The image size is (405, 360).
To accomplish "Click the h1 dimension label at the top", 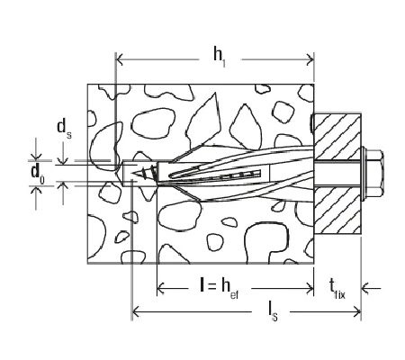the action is pyautogui.click(x=220, y=58).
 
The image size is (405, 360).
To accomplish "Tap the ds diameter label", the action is pyautogui.click(x=64, y=128).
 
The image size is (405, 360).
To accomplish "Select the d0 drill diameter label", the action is pyautogui.click(x=38, y=173).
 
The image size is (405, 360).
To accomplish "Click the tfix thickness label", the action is pyautogui.click(x=337, y=290).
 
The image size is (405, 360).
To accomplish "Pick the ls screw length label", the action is pyautogui.click(x=272, y=312).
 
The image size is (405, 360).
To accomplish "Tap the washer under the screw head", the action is pyautogui.click(x=364, y=174).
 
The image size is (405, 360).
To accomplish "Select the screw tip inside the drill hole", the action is pyautogui.click(x=142, y=174).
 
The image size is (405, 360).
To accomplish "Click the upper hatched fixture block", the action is pyautogui.click(x=337, y=137).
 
